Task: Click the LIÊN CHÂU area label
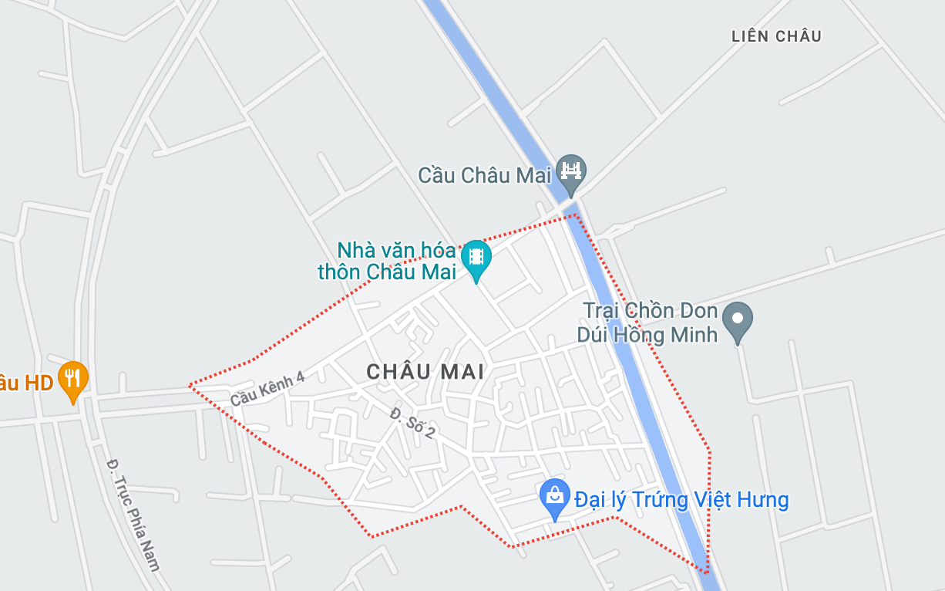click(776, 36)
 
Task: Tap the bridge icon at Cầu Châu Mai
click(571, 171)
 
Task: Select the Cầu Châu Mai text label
click(485, 176)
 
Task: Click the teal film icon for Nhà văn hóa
click(476, 255)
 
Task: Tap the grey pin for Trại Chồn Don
click(738, 318)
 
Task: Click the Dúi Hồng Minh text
click(647, 334)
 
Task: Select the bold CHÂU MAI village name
click(425, 372)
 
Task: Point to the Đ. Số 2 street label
click(412, 424)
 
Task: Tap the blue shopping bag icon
click(555, 495)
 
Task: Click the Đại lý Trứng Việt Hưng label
click(681, 500)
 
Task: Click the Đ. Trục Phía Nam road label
click(133, 514)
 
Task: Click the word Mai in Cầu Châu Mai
click(533, 176)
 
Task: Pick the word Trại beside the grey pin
click(601, 311)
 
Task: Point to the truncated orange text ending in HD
click(26, 383)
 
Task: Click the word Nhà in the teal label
click(356, 250)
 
